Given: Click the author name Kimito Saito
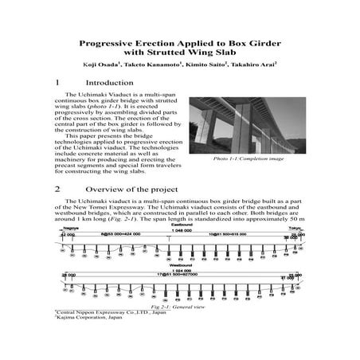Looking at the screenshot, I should point(198,64).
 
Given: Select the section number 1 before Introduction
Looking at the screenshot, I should point(57,83).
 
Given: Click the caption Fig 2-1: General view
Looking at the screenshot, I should point(180,307).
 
